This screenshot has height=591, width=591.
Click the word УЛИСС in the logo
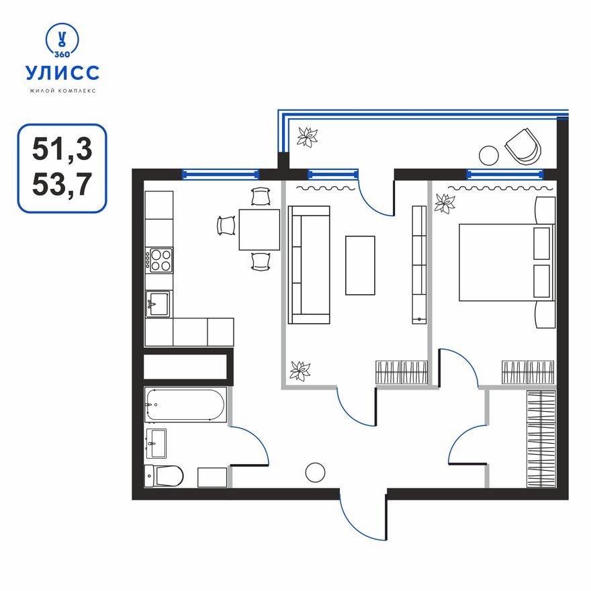62,72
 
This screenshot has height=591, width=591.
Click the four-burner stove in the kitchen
160,260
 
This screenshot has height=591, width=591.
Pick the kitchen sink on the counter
159,304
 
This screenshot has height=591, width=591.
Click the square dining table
259,230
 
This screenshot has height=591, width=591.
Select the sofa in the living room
309,265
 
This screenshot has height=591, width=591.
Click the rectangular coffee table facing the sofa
360,265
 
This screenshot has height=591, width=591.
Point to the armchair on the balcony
522,146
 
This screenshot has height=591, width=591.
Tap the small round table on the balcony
488,154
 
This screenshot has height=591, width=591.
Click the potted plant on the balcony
308,137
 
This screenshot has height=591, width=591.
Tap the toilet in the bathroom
164,475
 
